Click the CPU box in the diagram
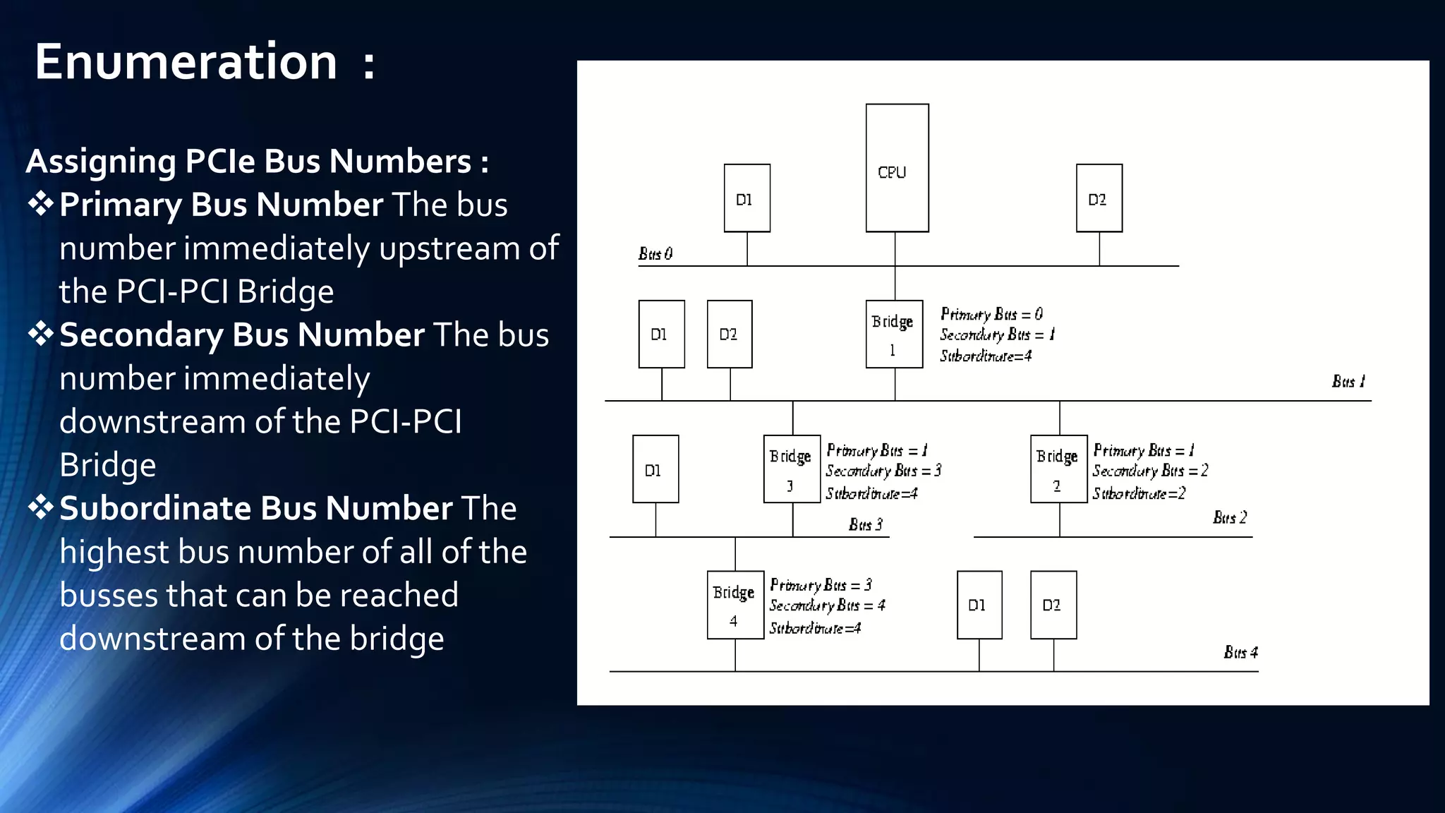(897, 168)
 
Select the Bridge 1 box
(894, 334)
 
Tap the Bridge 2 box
(1058, 469)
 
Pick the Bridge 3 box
(792, 469)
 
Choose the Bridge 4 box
(735, 605)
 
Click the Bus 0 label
(655, 253)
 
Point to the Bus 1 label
(1348, 382)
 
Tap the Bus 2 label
(1230, 517)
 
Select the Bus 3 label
(866, 524)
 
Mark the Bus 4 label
(1240, 652)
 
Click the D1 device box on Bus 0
(746, 198)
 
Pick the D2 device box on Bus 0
(1099, 198)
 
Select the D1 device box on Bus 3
(655, 469)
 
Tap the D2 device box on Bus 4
(1053, 605)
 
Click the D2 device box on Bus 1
(730, 334)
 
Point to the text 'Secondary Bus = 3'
(883, 471)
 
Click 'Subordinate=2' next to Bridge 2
(1139, 493)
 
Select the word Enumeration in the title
(186, 62)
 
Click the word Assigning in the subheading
(101, 162)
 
